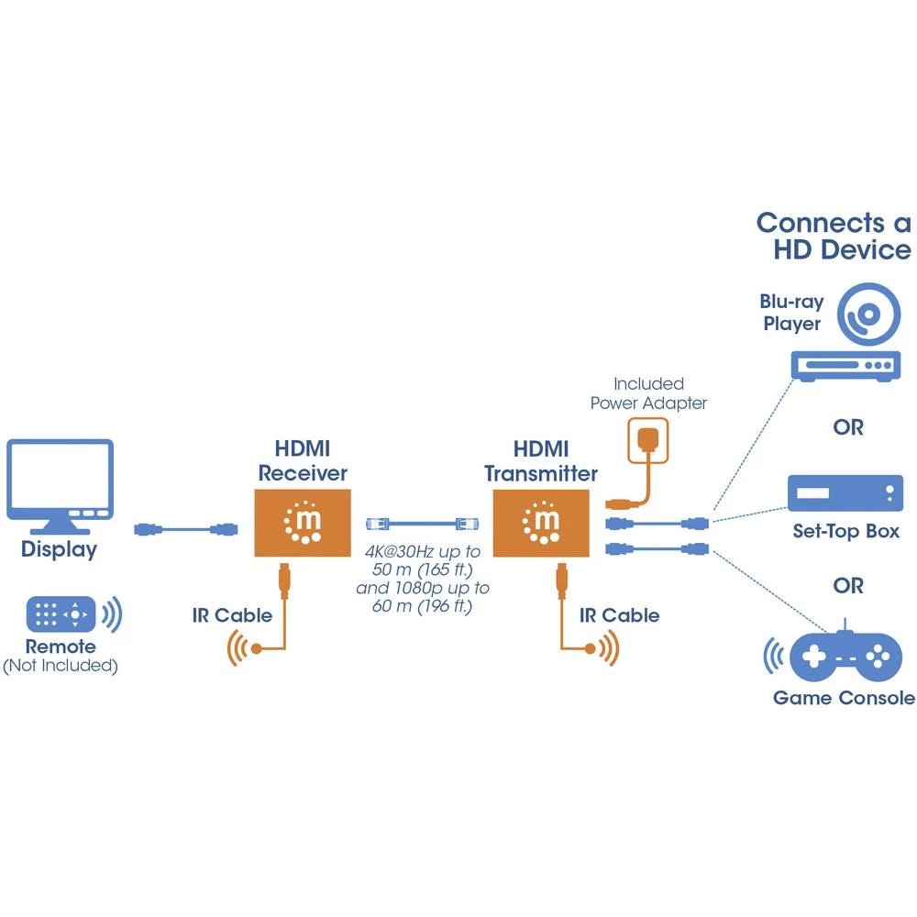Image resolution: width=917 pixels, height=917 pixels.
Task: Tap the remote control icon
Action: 61,613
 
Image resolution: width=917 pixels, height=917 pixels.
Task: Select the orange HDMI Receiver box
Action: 303,523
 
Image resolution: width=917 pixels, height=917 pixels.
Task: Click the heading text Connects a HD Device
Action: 833,236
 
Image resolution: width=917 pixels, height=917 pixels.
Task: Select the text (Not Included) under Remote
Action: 61,667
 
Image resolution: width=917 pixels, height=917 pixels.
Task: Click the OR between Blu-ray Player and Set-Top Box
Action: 847,427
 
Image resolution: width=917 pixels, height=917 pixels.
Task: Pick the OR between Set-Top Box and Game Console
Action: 847,584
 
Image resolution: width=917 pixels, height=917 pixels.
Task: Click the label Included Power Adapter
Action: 648,393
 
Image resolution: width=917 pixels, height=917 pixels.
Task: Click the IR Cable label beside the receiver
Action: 232,615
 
